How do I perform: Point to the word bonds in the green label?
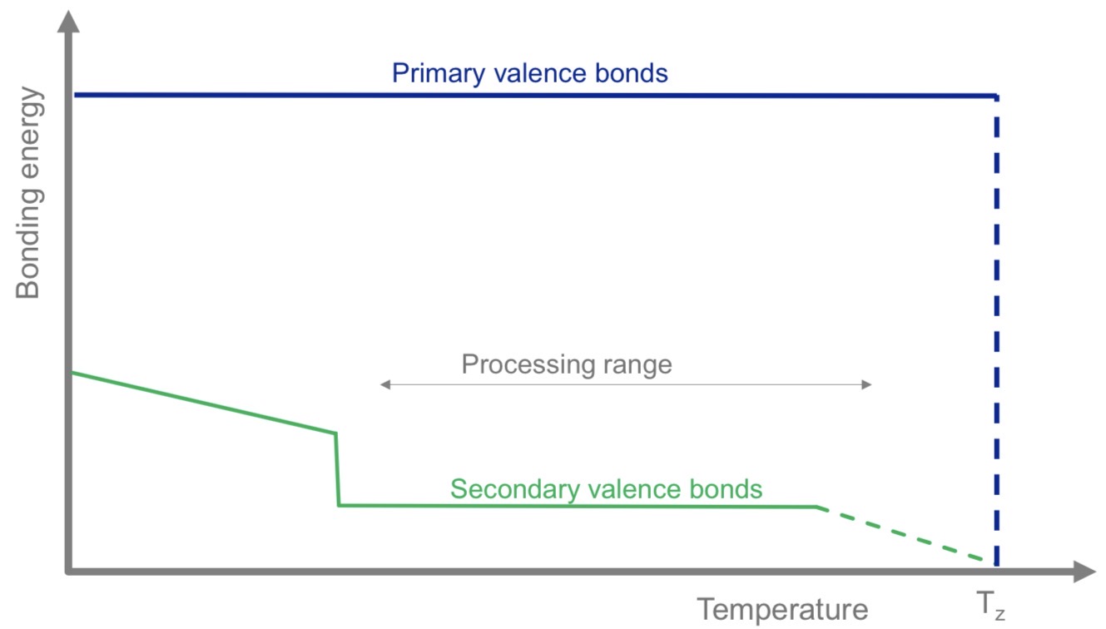click(x=729, y=488)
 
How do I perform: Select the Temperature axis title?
click(x=781, y=609)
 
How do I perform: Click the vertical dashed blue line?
click(x=996, y=333)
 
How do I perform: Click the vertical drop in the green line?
click(x=337, y=469)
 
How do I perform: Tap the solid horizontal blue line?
click(x=533, y=96)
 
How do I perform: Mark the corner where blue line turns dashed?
click(x=995, y=97)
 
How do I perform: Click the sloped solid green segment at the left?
click(x=204, y=403)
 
